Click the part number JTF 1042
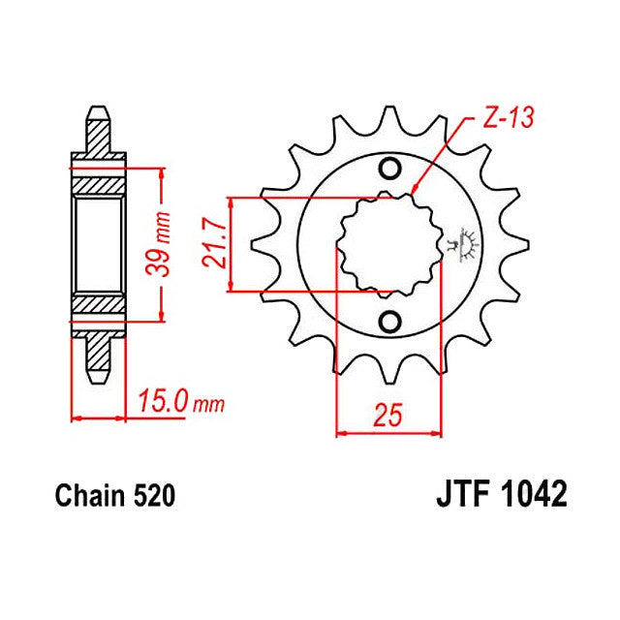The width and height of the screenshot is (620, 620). coord(495,497)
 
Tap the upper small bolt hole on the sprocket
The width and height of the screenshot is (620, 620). coord(391,170)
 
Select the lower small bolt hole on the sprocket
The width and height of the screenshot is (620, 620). coord(391,321)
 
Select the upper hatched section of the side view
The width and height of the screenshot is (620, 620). coord(99,184)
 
